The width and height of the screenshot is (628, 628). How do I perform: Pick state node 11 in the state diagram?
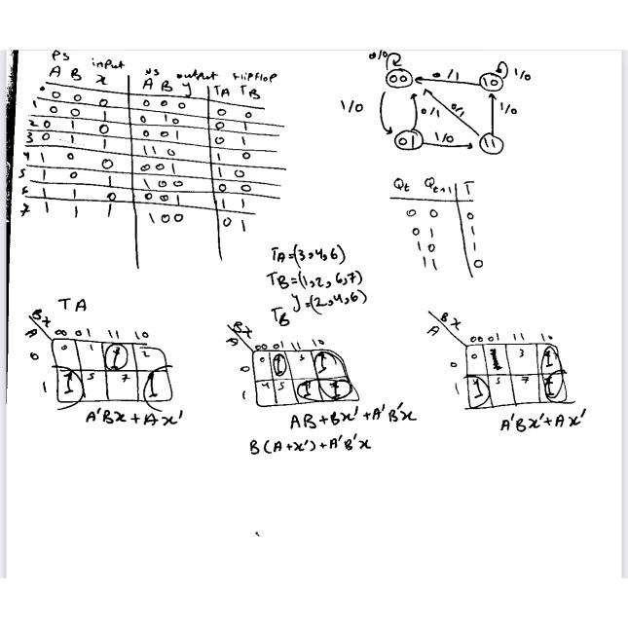point(491,143)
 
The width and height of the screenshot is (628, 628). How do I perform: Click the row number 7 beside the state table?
point(24,211)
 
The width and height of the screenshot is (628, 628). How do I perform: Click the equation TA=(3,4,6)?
point(308,255)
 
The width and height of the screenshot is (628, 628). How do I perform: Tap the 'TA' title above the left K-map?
point(73,305)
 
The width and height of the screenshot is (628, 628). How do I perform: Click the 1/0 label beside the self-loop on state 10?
point(522,75)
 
